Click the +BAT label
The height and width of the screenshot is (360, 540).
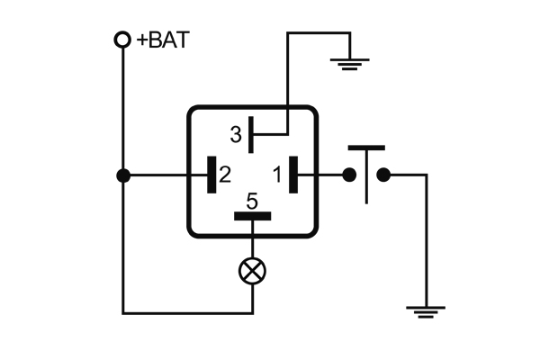tap(163, 40)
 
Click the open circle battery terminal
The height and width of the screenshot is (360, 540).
tap(122, 40)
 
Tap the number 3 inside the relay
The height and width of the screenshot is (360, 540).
tap(236, 136)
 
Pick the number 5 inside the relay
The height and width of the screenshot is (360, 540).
tap(252, 201)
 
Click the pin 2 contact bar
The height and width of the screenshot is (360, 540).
tap(211, 175)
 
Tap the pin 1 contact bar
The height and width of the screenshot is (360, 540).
tap(293, 175)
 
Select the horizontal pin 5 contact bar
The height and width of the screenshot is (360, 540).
tap(253, 216)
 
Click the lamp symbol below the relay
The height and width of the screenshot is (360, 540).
tap(253, 269)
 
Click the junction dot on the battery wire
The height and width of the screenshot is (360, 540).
tap(122, 175)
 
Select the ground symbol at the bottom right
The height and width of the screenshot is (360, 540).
tap(425, 311)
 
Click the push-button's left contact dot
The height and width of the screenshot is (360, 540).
tap(349, 175)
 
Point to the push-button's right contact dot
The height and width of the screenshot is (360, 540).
tap(383, 175)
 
